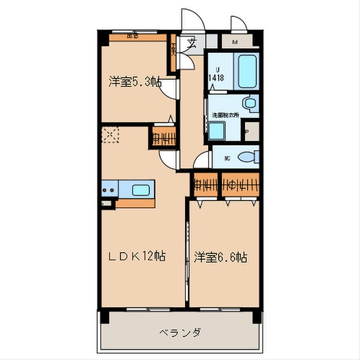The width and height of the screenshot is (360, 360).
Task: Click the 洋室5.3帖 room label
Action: coord(135,81)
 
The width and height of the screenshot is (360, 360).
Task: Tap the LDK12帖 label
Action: coord(136,257)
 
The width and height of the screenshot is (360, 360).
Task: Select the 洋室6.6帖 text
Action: coord(220,257)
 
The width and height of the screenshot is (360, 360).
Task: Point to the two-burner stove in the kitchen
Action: coord(109,190)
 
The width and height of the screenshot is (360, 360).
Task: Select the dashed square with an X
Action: coord(110,135)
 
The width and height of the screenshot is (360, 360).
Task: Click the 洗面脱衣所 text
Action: coord(225,115)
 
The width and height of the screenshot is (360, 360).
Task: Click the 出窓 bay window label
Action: coord(133,35)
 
